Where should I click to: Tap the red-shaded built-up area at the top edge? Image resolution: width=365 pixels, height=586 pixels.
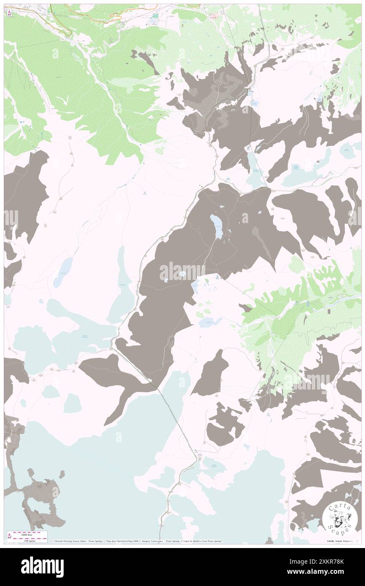[x=215, y=16]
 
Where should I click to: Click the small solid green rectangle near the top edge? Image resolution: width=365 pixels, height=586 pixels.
[x=156, y=16]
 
